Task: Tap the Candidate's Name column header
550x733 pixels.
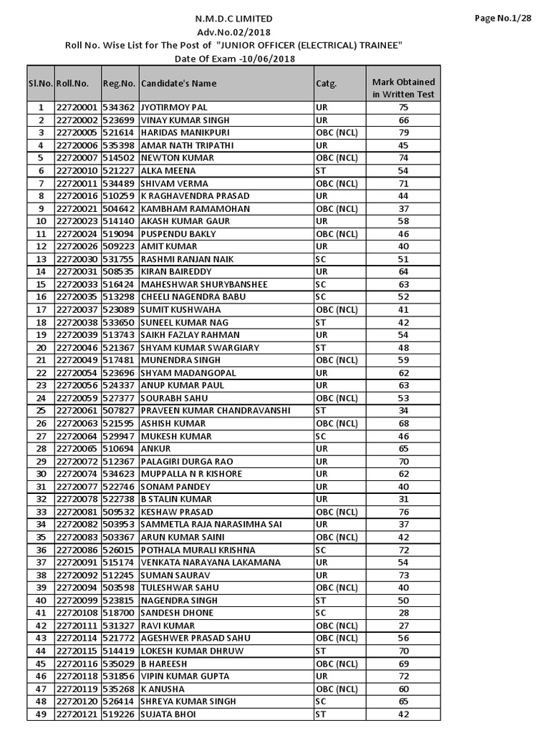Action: tap(178, 83)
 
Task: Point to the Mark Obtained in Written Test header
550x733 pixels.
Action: tap(403, 88)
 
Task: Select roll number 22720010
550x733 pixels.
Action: tap(76, 170)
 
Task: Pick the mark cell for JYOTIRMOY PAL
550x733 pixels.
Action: tap(403, 107)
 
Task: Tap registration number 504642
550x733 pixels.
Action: tap(119, 208)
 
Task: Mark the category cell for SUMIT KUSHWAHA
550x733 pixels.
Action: tap(337, 309)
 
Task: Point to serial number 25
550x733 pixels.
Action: tap(41, 410)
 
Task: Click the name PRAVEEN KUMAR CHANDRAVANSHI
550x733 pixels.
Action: tap(215, 410)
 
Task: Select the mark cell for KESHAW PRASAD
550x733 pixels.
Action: tap(403, 512)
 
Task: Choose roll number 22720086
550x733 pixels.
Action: tap(76, 550)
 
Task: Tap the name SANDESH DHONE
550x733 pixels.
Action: tap(176, 613)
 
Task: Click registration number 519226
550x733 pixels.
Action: tap(119, 714)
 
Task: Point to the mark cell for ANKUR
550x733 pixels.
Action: tap(403, 448)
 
